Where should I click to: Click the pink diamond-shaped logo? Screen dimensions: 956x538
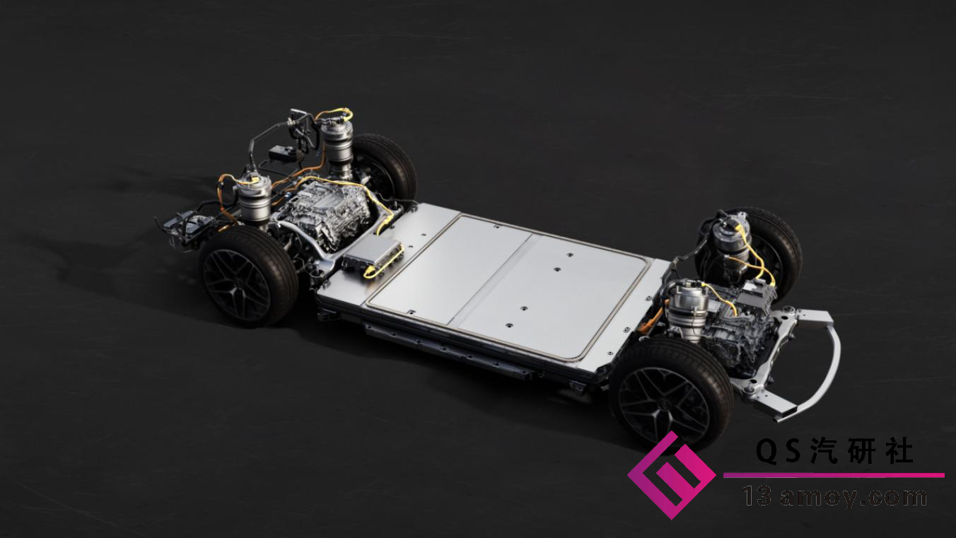click(671, 475)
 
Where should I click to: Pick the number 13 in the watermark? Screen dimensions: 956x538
click(757, 496)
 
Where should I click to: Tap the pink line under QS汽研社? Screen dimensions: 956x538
click(834, 475)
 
